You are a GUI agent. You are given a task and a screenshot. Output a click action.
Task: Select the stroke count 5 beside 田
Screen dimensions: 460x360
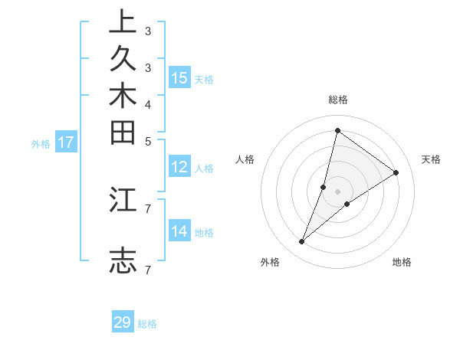147,141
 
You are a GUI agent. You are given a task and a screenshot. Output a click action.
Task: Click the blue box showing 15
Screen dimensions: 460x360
179,78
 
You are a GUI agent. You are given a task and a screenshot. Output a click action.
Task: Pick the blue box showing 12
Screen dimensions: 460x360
179,168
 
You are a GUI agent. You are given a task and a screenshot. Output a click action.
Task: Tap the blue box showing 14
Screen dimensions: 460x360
179,231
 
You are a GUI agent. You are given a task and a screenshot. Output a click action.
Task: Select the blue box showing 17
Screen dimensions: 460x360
66,142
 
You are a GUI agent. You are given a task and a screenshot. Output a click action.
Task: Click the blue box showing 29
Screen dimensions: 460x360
123,322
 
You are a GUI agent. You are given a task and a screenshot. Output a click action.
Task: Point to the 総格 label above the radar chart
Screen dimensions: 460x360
338,100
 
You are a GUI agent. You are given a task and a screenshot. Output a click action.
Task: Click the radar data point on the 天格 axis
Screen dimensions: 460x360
396,172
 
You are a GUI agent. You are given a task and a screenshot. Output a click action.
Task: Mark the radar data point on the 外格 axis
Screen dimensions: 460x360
302,242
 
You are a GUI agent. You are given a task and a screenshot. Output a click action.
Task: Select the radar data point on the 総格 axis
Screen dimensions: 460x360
337,130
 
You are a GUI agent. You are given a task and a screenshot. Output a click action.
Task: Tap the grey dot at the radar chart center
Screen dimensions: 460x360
338,191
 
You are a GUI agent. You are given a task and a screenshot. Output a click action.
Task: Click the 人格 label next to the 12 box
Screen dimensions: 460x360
204,169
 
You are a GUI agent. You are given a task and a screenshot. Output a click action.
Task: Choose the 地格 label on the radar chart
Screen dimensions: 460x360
402,262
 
